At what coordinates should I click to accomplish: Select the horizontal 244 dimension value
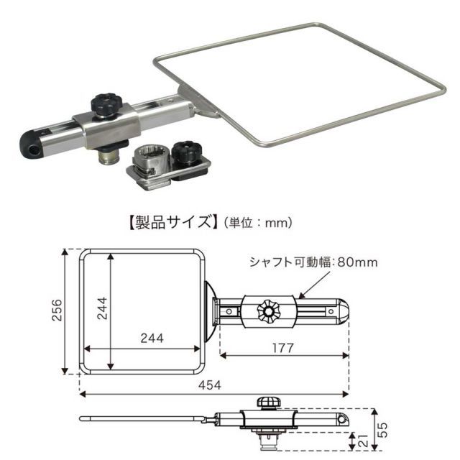coord(152,338)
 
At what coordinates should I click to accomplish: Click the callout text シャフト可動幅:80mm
coord(313,262)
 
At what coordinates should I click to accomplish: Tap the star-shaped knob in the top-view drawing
coord(270,310)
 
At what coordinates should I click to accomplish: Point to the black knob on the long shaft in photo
coord(106,105)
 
